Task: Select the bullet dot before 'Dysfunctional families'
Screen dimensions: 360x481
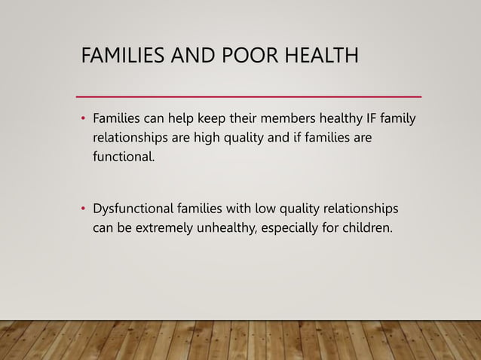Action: tap(83, 209)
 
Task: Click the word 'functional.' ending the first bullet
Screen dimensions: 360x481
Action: tap(124, 157)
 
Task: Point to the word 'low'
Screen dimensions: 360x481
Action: tap(266, 208)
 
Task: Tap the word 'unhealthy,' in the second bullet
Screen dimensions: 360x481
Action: tap(230, 227)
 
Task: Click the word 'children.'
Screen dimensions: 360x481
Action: tap(369, 227)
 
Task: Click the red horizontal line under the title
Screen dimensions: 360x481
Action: tap(249, 96)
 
